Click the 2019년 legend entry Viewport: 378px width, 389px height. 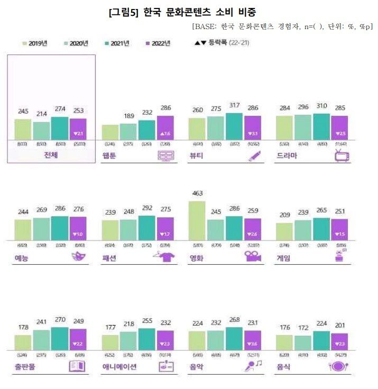(x=35, y=43)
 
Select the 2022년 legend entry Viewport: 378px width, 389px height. (x=159, y=43)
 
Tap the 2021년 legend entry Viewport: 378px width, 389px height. (x=117, y=43)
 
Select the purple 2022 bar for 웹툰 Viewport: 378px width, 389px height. (x=165, y=127)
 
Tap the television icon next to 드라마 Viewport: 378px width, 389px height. (x=340, y=155)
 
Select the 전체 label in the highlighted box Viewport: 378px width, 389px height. (x=51, y=156)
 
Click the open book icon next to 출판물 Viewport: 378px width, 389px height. (x=78, y=366)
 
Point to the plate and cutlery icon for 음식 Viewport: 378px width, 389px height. (x=338, y=366)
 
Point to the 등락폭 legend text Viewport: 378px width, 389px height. (x=222, y=43)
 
